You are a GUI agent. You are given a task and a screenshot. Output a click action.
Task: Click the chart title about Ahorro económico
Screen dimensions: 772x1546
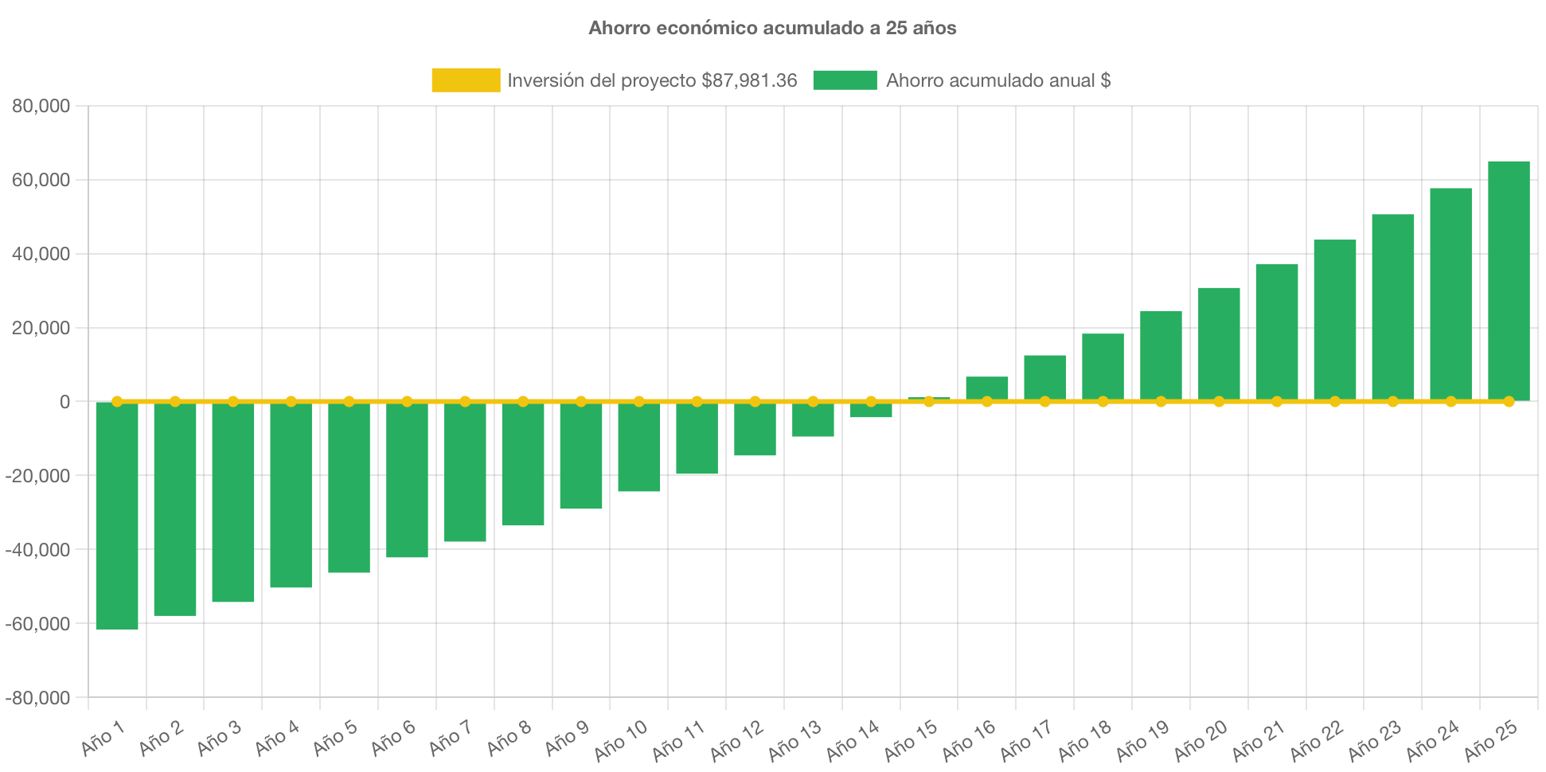coord(772,28)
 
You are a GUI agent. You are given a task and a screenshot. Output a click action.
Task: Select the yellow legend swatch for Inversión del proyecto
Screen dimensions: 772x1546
coord(466,80)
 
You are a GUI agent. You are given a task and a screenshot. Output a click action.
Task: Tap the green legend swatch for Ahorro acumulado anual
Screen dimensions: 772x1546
coord(845,80)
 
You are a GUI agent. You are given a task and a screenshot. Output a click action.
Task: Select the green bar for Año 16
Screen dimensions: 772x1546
coord(987,388)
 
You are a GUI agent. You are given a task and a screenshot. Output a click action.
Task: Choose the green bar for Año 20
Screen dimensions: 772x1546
coord(1219,343)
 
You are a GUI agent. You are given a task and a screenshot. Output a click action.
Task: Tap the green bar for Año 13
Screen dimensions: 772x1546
coord(813,420)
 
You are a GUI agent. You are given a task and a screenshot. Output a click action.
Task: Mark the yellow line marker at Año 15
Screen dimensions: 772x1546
coord(929,401)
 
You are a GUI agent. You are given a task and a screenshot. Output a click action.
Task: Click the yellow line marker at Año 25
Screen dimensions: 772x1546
coord(1509,401)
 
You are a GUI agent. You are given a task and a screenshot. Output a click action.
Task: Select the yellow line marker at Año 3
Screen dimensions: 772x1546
coord(233,401)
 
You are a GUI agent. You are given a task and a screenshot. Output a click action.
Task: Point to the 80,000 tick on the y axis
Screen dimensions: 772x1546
coord(41,106)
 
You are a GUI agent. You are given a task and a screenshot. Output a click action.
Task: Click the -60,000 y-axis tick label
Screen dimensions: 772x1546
coord(37,624)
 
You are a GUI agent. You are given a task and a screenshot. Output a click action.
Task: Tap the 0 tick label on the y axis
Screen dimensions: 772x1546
coord(64,402)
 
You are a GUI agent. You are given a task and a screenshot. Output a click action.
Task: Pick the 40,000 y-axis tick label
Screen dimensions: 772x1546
coord(41,254)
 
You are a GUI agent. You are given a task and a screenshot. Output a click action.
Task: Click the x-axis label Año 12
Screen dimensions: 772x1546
coord(736,739)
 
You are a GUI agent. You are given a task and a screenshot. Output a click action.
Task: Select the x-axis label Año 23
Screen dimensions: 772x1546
coord(1374,739)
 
